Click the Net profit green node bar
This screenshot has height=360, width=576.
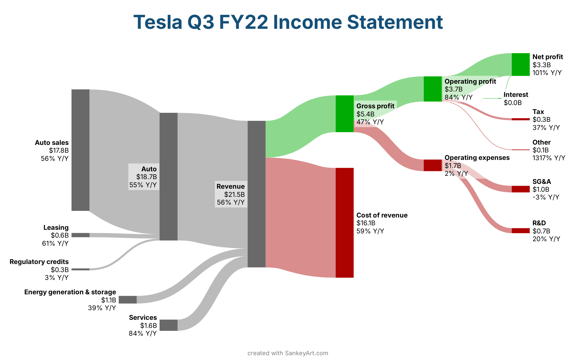tap(520, 64)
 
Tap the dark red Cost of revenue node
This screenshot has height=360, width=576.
tap(344, 223)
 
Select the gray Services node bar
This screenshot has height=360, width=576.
tap(168, 325)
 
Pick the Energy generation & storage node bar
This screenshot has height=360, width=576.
tap(127, 300)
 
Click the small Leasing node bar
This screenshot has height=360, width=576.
tap(80, 235)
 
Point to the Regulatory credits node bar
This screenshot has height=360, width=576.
tap(80, 269)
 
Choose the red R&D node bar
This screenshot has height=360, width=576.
tap(520, 231)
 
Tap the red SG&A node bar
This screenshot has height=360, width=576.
tap(520, 189)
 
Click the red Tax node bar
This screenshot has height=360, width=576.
tap(520, 119)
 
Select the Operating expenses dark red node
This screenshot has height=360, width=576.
tap(433, 165)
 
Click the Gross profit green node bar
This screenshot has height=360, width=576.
tap(344, 114)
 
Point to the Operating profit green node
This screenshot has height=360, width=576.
tap(433, 89)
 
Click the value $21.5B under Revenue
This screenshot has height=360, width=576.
tap(234, 194)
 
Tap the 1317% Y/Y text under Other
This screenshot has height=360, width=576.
tap(549, 158)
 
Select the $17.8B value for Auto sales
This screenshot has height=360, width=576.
tap(59, 151)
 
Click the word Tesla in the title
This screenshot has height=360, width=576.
tap(158, 22)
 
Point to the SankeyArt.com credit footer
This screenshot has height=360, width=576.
tap(288, 353)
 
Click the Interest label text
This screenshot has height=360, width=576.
tap(516, 95)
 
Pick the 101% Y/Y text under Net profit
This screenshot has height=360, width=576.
tap(547, 73)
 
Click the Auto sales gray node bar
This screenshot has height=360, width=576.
tap(80, 150)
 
